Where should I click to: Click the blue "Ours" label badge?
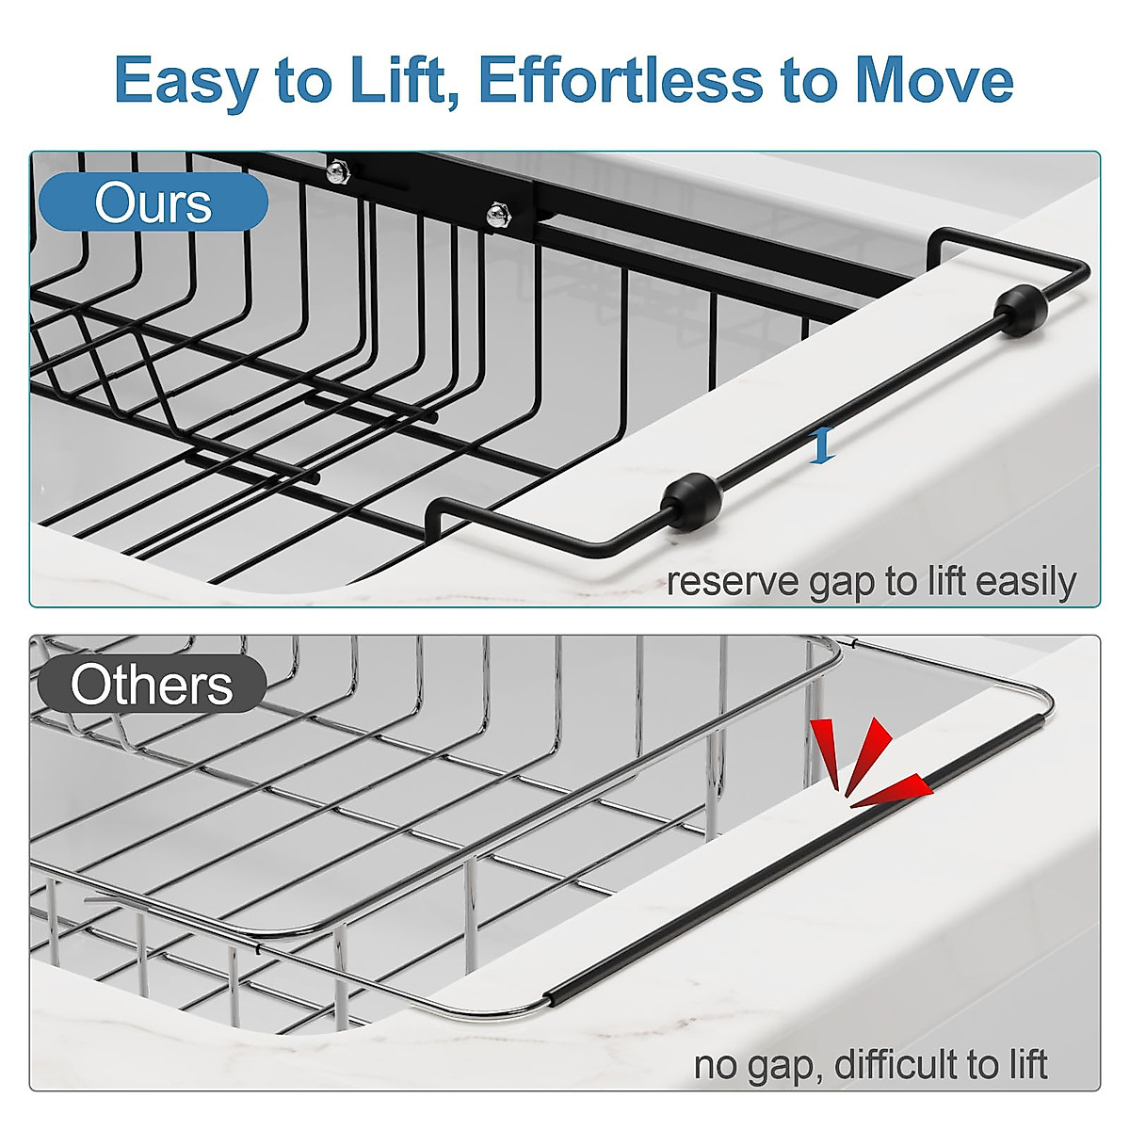[x=153, y=202]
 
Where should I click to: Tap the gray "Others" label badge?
[x=152, y=685]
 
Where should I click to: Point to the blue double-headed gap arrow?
[x=823, y=444]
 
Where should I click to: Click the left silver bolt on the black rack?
[x=336, y=171]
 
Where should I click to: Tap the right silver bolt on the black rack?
[x=496, y=215]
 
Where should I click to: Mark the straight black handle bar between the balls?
[x=857, y=405]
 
